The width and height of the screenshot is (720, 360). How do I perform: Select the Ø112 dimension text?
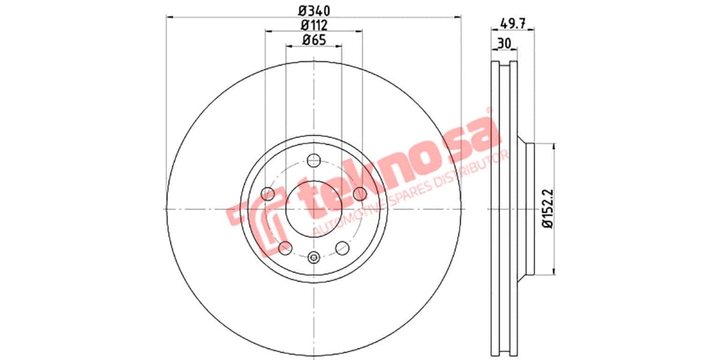(x=313, y=25)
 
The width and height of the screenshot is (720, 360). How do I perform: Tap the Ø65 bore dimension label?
(x=313, y=40)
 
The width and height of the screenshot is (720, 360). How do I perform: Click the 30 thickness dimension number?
(x=503, y=43)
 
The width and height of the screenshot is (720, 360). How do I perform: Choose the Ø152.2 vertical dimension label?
(x=547, y=208)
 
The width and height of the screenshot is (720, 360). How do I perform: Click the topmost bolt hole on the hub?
(x=313, y=160)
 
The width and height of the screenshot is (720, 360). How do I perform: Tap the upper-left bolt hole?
(x=268, y=194)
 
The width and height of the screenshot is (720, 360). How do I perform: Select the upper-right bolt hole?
(x=359, y=194)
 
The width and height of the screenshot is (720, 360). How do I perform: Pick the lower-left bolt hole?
(x=285, y=247)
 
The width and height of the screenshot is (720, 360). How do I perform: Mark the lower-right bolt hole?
(x=342, y=247)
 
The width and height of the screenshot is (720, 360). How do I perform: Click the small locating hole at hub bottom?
(x=313, y=258)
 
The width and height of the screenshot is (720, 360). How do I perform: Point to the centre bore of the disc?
(x=313, y=208)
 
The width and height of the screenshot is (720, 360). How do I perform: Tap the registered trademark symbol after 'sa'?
(x=488, y=110)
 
